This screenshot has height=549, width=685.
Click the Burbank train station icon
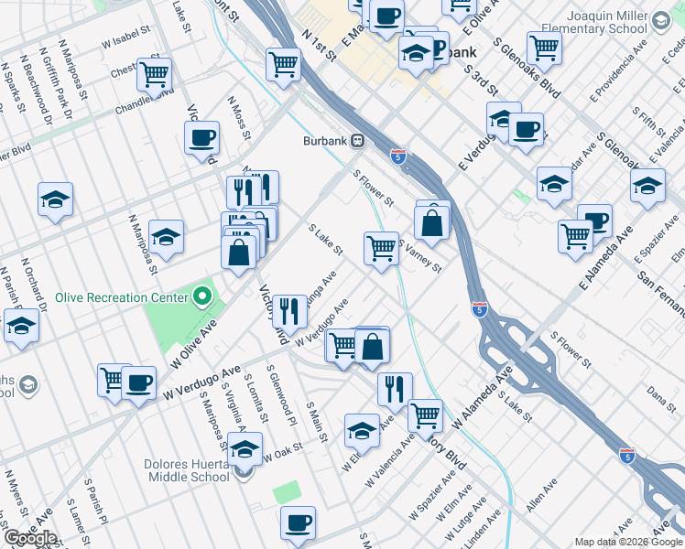point(359,142)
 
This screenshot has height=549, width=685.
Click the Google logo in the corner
point(30,538)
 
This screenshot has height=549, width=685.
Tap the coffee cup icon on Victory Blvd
point(201,138)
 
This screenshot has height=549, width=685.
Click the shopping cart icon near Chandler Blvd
point(154,72)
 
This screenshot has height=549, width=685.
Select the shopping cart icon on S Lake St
point(381,247)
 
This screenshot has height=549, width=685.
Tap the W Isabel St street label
point(125,41)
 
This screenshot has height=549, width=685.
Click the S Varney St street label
point(420,256)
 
